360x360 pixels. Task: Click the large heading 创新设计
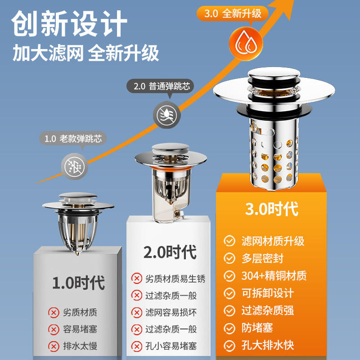pos(69,23)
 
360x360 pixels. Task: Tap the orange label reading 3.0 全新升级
pos(233,13)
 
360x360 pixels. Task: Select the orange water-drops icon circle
pos(246,44)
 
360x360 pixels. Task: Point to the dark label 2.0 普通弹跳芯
pos(160,86)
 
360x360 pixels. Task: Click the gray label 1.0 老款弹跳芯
pos(73,139)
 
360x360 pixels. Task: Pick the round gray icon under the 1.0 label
pos(75,166)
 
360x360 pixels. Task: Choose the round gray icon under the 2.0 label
pos(167,115)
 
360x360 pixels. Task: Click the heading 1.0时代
pos(78,283)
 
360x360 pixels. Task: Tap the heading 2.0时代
pos(170,252)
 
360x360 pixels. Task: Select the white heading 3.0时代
pos(272,209)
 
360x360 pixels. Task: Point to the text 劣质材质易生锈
pos(175,279)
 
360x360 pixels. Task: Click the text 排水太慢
pos(80,346)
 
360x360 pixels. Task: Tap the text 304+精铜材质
pos(274,276)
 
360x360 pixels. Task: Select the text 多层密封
pos(262,258)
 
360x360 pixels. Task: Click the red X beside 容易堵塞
pos(54,329)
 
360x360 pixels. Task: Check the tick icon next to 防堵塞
pos(229,328)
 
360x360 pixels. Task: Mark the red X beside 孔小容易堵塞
pos(137,346)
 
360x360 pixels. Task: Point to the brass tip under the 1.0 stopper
pos(77,253)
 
